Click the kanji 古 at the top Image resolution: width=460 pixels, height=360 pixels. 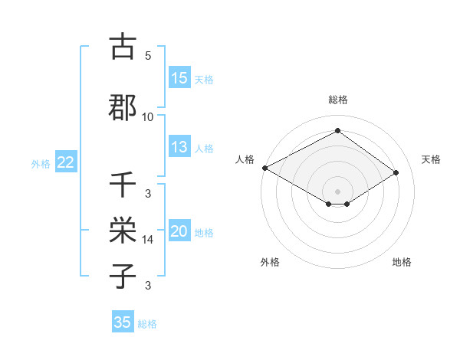click(x=123, y=47)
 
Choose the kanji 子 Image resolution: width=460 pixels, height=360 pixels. click(x=123, y=276)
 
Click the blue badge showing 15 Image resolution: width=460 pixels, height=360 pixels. click(x=179, y=78)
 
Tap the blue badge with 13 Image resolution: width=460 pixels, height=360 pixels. click(x=179, y=147)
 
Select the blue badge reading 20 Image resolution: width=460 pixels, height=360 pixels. click(x=179, y=232)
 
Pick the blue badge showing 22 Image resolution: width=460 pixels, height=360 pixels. click(x=66, y=162)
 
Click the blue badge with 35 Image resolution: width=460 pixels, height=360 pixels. click(x=123, y=322)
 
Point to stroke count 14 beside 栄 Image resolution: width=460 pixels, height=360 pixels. click(x=148, y=240)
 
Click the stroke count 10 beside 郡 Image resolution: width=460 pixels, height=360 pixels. click(x=148, y=116)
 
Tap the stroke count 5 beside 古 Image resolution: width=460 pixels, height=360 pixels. click(x=148, y=56)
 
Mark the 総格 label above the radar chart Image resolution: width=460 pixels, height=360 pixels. click(x=337, y=100)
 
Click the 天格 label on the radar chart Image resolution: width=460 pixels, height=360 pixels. click(x=432, y=159)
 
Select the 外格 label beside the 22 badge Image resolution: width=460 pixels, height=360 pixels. click(x=40, y=164)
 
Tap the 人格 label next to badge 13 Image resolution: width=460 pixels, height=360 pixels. click(x=204, y=149)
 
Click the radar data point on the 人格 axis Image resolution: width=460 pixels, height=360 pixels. click(x=264, y=168)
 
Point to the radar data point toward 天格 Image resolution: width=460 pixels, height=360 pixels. click(x=396, y=172)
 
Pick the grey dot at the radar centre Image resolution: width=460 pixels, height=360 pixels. click(x=337, y=191)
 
